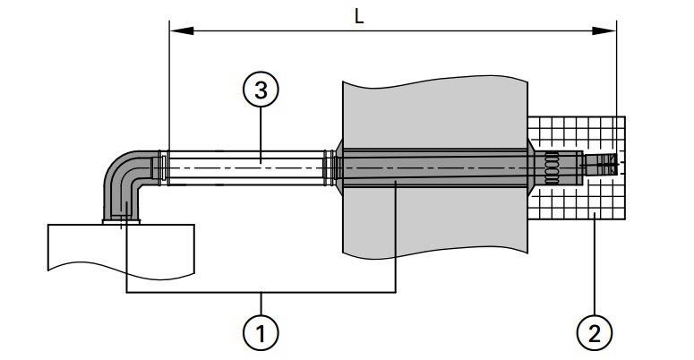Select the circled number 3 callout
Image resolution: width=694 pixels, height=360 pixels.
click(x=261, y=90)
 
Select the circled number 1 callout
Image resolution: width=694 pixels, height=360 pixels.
click(x=261, y=334)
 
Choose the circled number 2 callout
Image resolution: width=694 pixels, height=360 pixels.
click(x=594, y=334)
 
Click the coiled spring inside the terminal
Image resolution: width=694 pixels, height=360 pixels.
click(x=553, y=167)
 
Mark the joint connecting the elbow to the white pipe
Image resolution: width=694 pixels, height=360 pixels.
click(x=161, y=168)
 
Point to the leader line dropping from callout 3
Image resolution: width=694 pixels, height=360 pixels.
click(x=261, y=134)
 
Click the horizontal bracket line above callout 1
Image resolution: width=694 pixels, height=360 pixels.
click(x=261, y=293)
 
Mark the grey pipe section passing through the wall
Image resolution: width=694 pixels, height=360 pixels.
click(x=430, y=167)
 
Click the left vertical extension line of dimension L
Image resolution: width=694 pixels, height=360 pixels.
click(x=169, y=90)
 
